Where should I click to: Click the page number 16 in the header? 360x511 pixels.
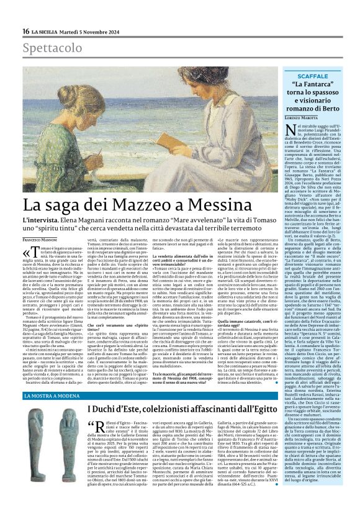point(26,31)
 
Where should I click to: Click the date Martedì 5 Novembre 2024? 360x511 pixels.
point(97,31)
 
